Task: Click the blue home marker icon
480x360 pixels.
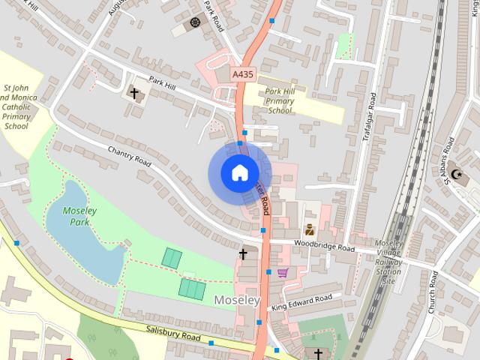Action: (238, 173)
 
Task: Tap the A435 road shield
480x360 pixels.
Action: (241, 74)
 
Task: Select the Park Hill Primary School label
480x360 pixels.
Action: (279, 100)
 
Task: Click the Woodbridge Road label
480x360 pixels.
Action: (324, 245)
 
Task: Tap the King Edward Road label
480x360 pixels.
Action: (301, 302)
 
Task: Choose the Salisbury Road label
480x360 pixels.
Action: (173, 334)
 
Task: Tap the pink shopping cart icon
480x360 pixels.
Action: (282, 273)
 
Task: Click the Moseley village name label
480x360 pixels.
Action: (237, 300)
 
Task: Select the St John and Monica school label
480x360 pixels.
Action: (16, 106)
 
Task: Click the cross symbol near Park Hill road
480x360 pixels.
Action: (135, 94)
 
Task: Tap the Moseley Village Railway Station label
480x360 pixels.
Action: (389, 262)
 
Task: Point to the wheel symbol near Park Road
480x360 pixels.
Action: (196, 22)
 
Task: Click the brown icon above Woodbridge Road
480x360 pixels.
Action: (309, 229)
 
